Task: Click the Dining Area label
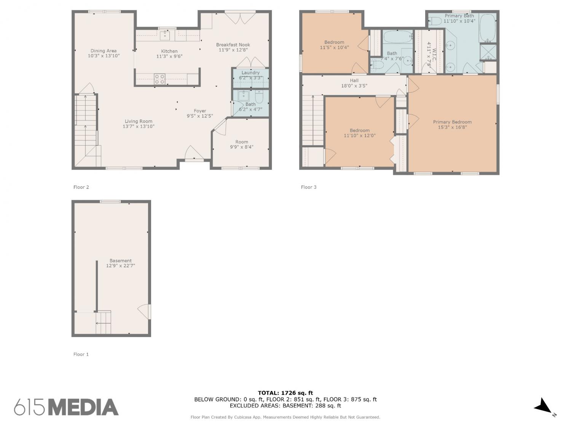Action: click(104, 53)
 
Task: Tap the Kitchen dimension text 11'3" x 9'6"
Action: click(169, 56)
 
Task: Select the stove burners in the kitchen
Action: click(159, 79)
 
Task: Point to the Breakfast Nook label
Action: click(233, 47)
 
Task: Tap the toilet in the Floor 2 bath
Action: click(259, 96)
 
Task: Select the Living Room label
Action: click(139, 124)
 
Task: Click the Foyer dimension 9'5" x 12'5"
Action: click(200, 116)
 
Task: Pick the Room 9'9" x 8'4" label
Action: click(242, 144)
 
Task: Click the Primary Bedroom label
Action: click(452, 125)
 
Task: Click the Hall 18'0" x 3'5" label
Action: click(354, 83)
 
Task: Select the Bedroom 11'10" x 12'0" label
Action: click(359, 133)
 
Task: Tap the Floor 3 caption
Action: click(308, 187)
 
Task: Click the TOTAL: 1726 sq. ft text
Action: click(285, 393)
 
